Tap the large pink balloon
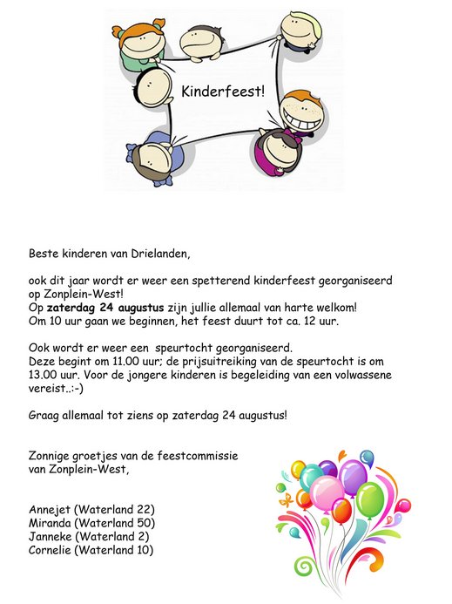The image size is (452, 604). point(326,492)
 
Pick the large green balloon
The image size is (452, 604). point(370,499)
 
